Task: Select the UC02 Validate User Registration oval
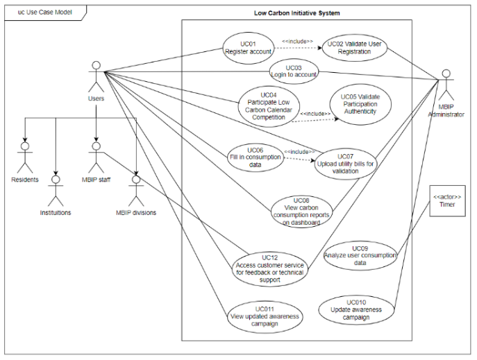pos(355,46)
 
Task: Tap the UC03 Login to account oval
pos(293,72)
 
